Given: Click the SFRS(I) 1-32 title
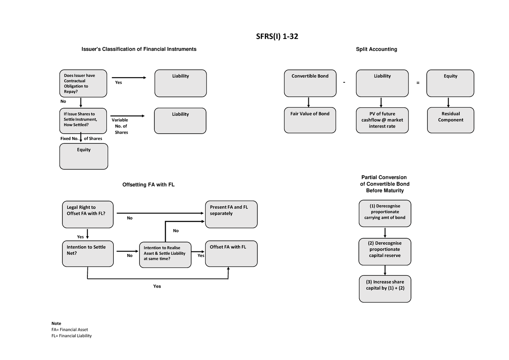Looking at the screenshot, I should tap(277, 37).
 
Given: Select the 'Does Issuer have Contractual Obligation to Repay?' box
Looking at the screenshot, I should tap(84, 84).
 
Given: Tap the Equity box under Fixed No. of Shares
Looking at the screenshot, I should tap(84, 156).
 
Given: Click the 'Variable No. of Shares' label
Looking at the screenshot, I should tap(120, 126).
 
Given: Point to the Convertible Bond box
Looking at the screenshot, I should tap(310, 84).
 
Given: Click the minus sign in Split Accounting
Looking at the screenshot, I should tap(345, 83).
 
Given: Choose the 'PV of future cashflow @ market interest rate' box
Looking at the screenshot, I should tap(382, 120).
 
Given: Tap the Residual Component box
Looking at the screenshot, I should tap(450, 120).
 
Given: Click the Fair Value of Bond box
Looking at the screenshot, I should tap(310, 120).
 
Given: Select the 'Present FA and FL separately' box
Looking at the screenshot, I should tap(231, 215).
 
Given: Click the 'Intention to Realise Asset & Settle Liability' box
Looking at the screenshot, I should tap(165, 255).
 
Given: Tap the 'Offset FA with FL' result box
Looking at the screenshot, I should tap(231, 254).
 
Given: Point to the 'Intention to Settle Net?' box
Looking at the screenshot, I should tap(87, 254).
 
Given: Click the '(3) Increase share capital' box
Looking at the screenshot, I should tap(385, 289).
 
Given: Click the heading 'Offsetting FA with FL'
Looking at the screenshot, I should tap(148, 185).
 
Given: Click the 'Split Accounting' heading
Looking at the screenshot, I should tap(376, 49).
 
